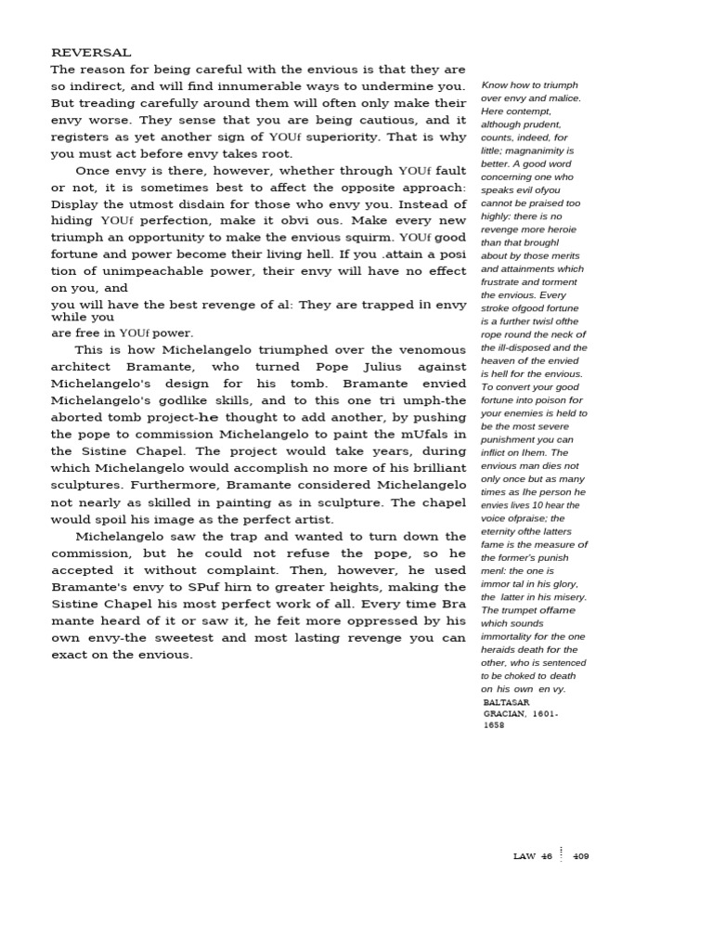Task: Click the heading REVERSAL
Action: (91, 53)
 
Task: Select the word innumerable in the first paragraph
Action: (274, 86)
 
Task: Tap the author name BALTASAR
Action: (507, 703)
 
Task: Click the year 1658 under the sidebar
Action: (494, 725)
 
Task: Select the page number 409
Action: (581, 856)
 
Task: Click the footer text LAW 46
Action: (532, 856)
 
